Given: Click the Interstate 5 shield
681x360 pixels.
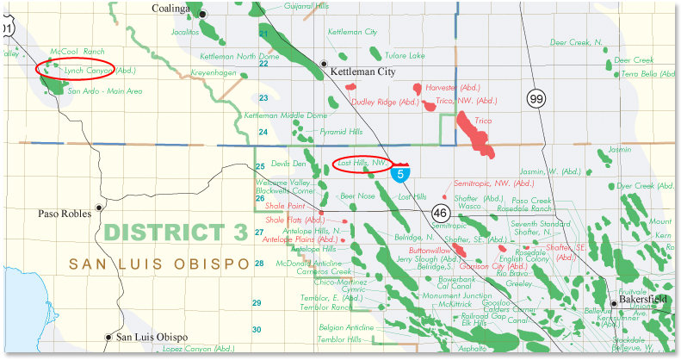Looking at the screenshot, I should [x=399, y=172].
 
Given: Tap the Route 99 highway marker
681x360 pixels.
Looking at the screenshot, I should [x=537, y=101].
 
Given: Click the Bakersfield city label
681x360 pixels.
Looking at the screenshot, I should [x=647, y=301].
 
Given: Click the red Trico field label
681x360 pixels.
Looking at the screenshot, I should [x=483, y=121].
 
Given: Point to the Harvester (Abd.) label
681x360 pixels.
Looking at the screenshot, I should [x=458, y=87].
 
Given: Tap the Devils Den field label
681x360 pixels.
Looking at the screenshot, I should [x=288, y=163].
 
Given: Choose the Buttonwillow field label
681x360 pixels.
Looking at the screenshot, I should [x=430, y=250].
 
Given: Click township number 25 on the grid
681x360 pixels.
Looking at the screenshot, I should [x=259, y=166].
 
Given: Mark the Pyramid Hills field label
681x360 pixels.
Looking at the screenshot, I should [x=341, y=132].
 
